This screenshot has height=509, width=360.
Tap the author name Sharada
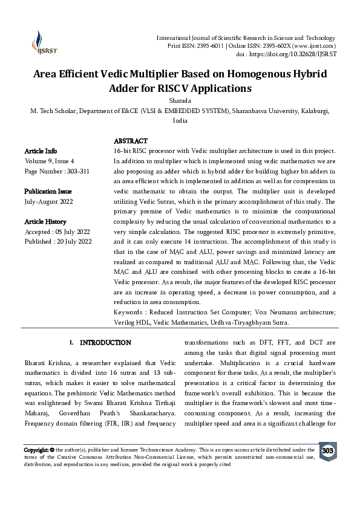180,101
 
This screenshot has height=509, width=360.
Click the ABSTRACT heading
130,141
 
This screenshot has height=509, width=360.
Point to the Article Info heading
41,151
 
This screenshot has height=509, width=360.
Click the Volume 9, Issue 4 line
50,161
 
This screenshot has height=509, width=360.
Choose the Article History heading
45,222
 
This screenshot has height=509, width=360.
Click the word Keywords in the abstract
129,312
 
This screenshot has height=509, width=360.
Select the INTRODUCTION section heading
105,343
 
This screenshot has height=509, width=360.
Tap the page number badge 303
327,452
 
